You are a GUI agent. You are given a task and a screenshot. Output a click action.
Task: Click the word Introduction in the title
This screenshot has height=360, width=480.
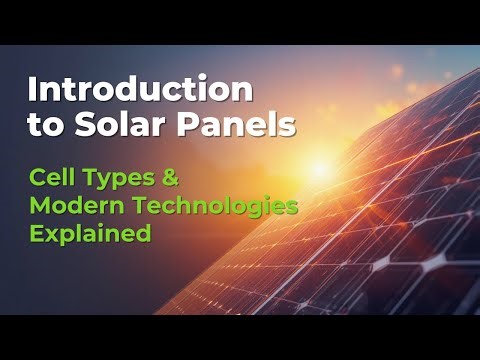[140, 90]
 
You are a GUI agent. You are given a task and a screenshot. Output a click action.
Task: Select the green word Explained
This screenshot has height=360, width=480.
[90, 235]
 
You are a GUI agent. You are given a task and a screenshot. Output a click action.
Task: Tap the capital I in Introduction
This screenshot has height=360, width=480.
[32, 90]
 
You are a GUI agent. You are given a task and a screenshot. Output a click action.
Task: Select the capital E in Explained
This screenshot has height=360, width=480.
[35, 235]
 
